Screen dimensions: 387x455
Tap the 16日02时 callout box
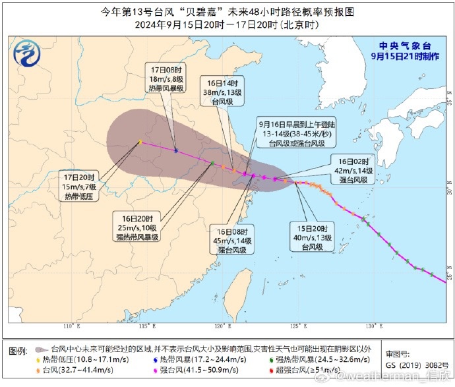(357, 171)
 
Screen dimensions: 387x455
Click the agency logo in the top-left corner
(28, 53)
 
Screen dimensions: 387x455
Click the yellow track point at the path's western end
(140, 141)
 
